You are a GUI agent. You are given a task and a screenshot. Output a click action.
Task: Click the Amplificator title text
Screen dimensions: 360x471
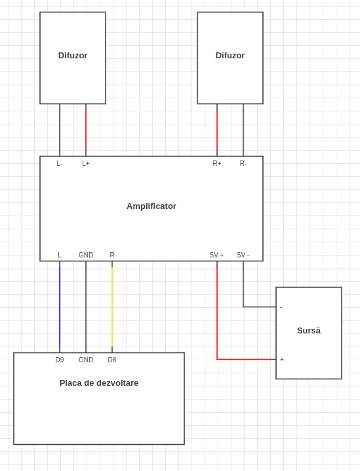coord(151,206)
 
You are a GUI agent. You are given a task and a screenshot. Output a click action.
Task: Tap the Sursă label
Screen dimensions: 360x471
coord(309,330)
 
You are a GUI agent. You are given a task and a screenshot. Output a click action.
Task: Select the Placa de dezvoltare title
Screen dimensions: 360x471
coord(99,383)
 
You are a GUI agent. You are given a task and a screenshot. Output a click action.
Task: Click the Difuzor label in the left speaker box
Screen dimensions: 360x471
coord(73,55)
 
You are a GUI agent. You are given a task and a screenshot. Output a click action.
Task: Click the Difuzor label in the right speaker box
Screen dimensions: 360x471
coord(230,55)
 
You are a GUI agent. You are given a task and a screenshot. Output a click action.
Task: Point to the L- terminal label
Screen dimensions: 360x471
coord(60,163)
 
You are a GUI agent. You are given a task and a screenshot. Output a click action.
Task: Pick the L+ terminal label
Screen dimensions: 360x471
coord(86,163)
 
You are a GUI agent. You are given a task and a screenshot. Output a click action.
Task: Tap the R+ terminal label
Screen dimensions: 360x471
coord(217,163)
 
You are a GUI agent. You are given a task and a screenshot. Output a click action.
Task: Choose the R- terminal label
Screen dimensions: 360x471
coord(243,163)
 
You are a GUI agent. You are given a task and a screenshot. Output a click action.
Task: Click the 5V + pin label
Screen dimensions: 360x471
coord(217,255)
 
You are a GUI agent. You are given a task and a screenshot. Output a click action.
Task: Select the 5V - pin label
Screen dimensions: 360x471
coord(243,255)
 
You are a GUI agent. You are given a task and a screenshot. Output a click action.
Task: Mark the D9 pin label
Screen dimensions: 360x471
coord(60,360)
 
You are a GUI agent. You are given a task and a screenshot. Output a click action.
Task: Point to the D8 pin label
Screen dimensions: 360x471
coord(112,360)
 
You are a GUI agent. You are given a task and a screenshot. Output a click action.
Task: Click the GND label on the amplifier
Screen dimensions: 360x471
coord(86,255)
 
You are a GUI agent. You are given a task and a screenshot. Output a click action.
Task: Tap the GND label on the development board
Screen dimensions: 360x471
coord(86,360)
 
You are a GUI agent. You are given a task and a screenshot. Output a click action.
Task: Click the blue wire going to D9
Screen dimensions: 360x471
coord(60,307)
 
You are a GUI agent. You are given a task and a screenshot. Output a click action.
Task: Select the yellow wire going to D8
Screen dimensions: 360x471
coord(112,307)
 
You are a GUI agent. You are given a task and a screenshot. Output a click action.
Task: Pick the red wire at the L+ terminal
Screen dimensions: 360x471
coord(86,130)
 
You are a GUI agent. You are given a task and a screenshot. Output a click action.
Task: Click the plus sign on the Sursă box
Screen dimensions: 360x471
coord(282,359)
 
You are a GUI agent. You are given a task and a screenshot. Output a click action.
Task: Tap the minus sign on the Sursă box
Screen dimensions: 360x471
coord(281,307)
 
